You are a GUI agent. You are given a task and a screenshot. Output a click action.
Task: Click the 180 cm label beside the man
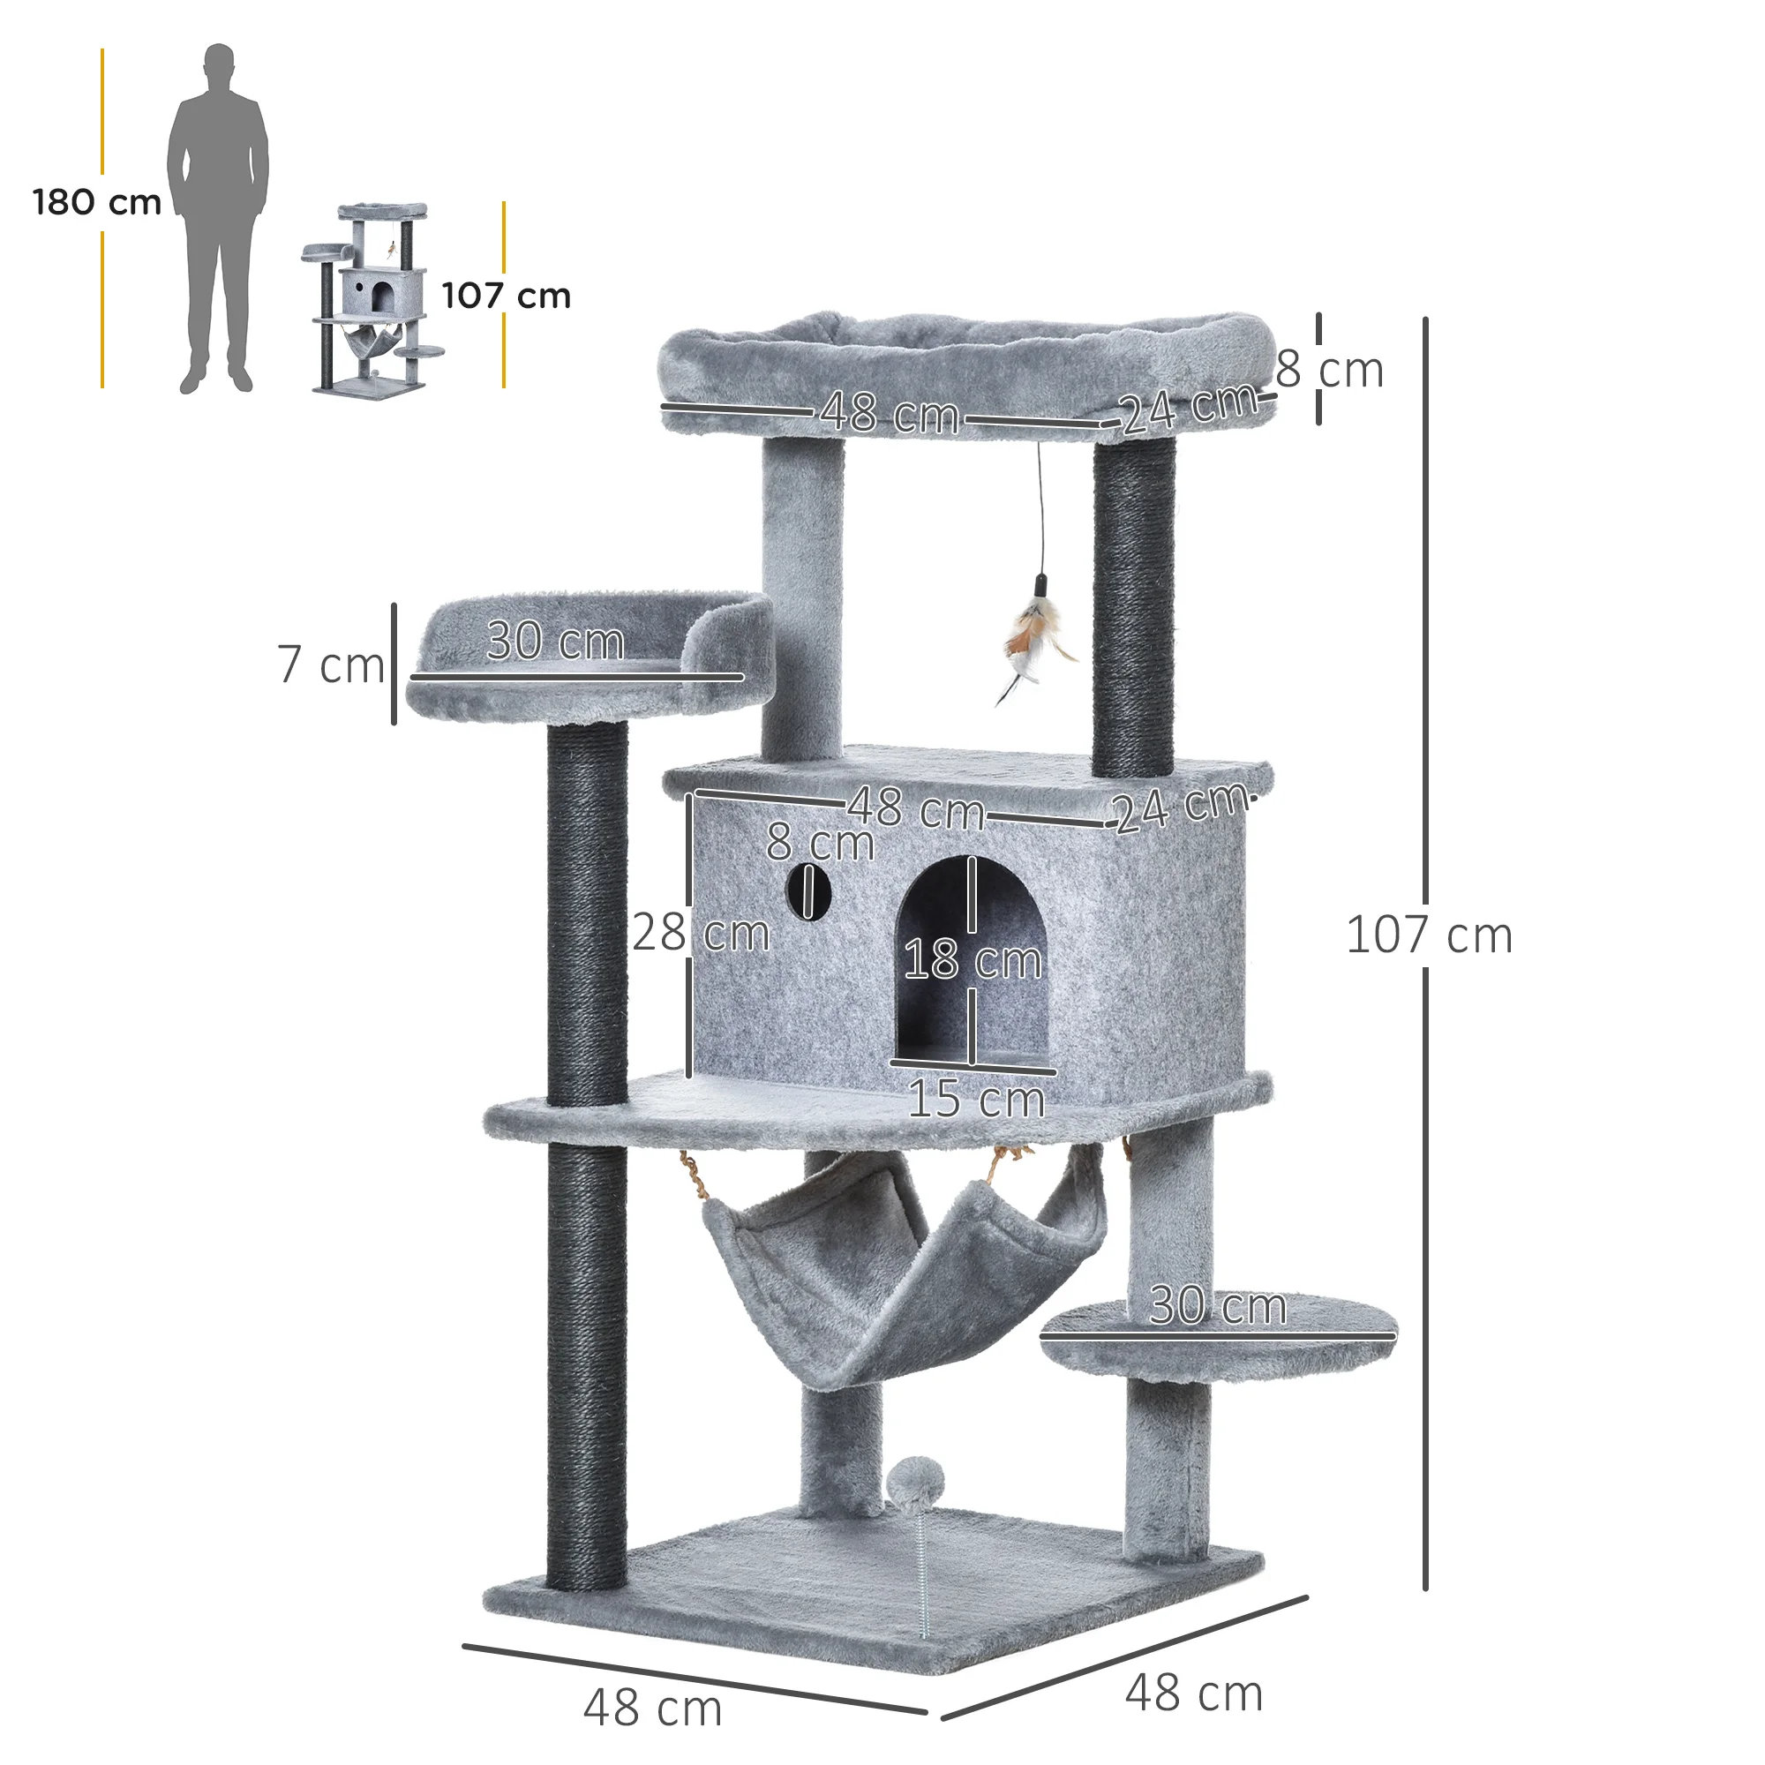[97, 202]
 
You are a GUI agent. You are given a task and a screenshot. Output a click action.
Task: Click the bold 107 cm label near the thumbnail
[506, 296]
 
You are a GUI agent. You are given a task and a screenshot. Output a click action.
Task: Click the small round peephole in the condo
[807, 890]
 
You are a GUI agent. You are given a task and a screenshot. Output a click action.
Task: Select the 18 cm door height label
[972, 960]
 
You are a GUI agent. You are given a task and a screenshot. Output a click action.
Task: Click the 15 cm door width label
[976, 1099]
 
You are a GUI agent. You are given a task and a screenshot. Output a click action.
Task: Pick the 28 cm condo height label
[701, 933]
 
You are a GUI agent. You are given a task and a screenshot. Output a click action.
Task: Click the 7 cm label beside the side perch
[331, 665]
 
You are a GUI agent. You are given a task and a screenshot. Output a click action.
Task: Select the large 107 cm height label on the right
[1429, 935]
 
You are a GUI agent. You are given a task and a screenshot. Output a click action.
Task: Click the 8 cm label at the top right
[1329, 370]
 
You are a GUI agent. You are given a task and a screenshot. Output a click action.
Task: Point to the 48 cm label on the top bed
[889, 413]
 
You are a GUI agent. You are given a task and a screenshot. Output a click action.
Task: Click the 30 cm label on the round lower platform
[1217, 1305]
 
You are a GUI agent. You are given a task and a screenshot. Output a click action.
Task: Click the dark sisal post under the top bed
[1134, 607]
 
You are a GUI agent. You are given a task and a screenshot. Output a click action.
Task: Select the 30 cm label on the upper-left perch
[554, 641]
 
